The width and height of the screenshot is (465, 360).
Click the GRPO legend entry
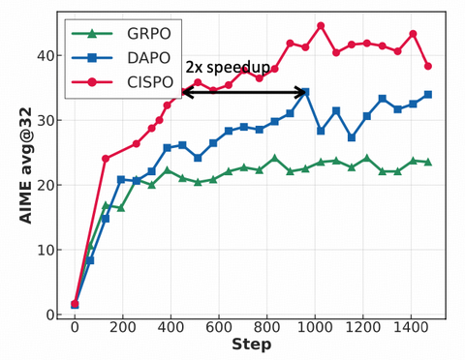click(126, 33)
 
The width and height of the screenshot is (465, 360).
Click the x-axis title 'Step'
click(251, 345)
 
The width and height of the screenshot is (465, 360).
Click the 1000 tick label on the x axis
click(314, 328)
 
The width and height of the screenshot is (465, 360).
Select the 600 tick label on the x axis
click(218, 328)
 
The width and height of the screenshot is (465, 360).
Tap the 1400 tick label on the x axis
click(410, 328)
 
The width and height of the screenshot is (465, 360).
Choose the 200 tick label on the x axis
click(122, 328)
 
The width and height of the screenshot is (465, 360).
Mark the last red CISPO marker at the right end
click(427, 66)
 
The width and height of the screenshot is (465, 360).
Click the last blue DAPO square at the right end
click(427, 95)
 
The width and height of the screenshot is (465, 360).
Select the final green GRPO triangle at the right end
click(427, 162)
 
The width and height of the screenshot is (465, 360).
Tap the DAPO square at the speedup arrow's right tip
click(305, 92)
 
